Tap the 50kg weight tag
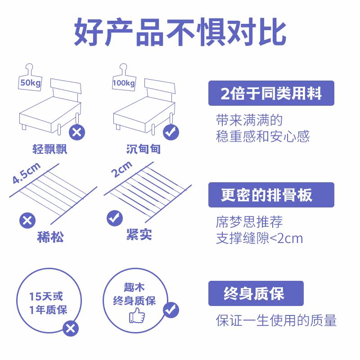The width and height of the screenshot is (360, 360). (x=28, y=83)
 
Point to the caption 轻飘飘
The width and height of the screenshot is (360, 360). (x=50, y=149)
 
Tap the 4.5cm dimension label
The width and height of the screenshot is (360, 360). (x=26, y=173)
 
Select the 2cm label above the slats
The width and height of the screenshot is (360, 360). (x=121, y=169)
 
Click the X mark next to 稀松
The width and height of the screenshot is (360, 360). (x=27, y=220)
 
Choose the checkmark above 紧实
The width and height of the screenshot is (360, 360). (x=114, y=218)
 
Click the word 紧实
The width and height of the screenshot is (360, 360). (x=139, y=235)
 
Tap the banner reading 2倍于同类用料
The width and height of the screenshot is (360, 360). (x=271, y=93)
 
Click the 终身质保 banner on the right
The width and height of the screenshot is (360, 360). (x=256, y=293)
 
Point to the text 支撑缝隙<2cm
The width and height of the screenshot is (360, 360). (x=260, y=238)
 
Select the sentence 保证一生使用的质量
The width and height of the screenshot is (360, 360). (x=276, y=320)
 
